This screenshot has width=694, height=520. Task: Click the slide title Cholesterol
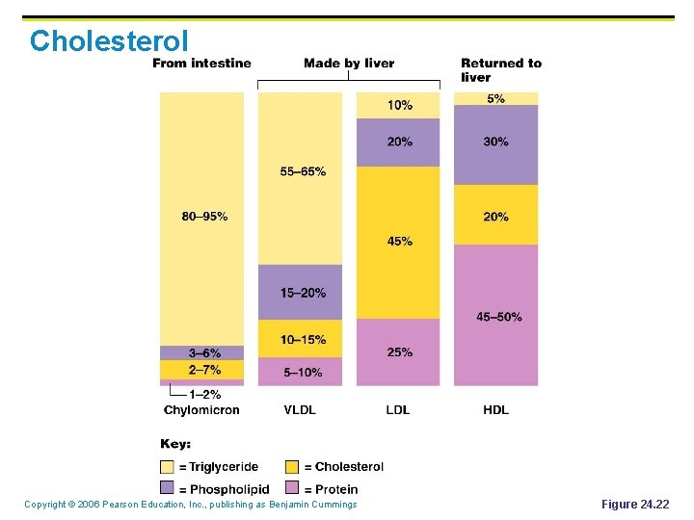pos(109,40)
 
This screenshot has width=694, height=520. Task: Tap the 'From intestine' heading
pos(201,64)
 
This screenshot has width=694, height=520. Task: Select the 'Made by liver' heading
pos(349,64)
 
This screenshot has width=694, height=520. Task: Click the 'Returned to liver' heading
pos(500,70)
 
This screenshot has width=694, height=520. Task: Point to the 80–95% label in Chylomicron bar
pos(204,217)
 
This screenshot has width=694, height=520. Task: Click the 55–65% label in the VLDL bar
pos(303,171)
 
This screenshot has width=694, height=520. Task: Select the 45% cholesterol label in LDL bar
pos(399,242)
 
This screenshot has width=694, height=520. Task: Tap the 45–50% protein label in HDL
pos(499,317)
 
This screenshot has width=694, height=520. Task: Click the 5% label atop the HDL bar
pos(495,98)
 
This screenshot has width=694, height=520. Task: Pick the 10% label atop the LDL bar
pos(399,105)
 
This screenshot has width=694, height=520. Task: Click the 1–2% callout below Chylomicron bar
pos(204,394)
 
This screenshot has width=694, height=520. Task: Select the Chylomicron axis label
pos(201,410)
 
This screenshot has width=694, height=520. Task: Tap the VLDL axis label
pos(300,410)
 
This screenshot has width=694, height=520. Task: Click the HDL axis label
pos(495,410)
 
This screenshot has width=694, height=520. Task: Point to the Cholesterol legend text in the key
pos(349,467)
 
